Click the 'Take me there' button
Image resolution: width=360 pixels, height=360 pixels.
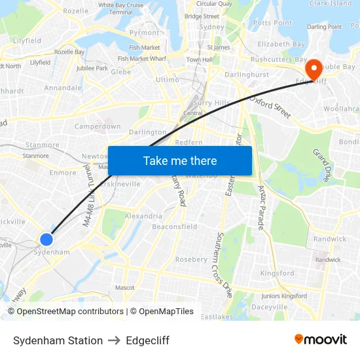coord(180,160)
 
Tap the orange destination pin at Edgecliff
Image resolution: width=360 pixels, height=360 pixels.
coord(314,67)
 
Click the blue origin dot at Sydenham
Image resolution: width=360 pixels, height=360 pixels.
coord(46,240)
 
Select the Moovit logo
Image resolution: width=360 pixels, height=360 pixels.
coord(320,340)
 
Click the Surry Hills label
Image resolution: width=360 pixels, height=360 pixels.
coord(211,103)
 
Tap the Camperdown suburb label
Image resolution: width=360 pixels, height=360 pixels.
coord(98,126)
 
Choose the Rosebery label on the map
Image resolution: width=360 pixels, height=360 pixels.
coord(191,259)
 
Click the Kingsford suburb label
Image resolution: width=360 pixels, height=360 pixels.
coord(278,273)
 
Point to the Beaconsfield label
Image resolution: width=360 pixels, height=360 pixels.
coord(174,226)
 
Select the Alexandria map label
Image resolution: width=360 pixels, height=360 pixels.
coord(143,215)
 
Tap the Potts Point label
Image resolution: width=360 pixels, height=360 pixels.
coord(272,23)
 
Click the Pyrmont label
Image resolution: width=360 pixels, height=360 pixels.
coord(144,32)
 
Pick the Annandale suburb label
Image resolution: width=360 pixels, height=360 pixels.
coord(63,87)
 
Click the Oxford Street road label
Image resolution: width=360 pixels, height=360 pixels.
coord(270,105)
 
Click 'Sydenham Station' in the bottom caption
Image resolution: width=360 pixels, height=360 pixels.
coord(58,340)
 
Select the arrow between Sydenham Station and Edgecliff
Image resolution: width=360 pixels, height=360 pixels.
coord(115,340)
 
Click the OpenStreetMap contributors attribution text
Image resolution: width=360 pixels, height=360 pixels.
coord(70,312)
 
